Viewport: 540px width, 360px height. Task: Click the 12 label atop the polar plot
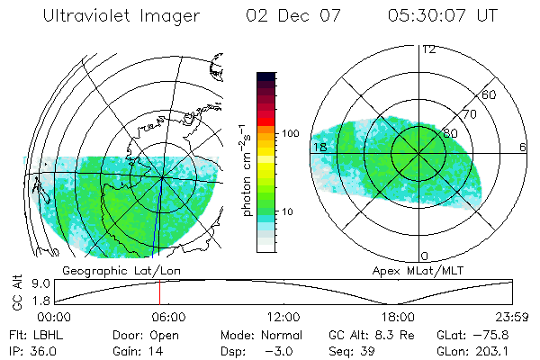click(x=428, y=49)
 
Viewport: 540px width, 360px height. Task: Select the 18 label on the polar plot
click(x=319, y=147)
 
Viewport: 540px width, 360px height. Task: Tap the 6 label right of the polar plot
click(x=523, y=147)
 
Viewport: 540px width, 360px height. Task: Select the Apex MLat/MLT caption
click(x=410, y=270)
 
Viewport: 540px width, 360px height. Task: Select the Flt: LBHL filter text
click(x=39, y=335)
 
